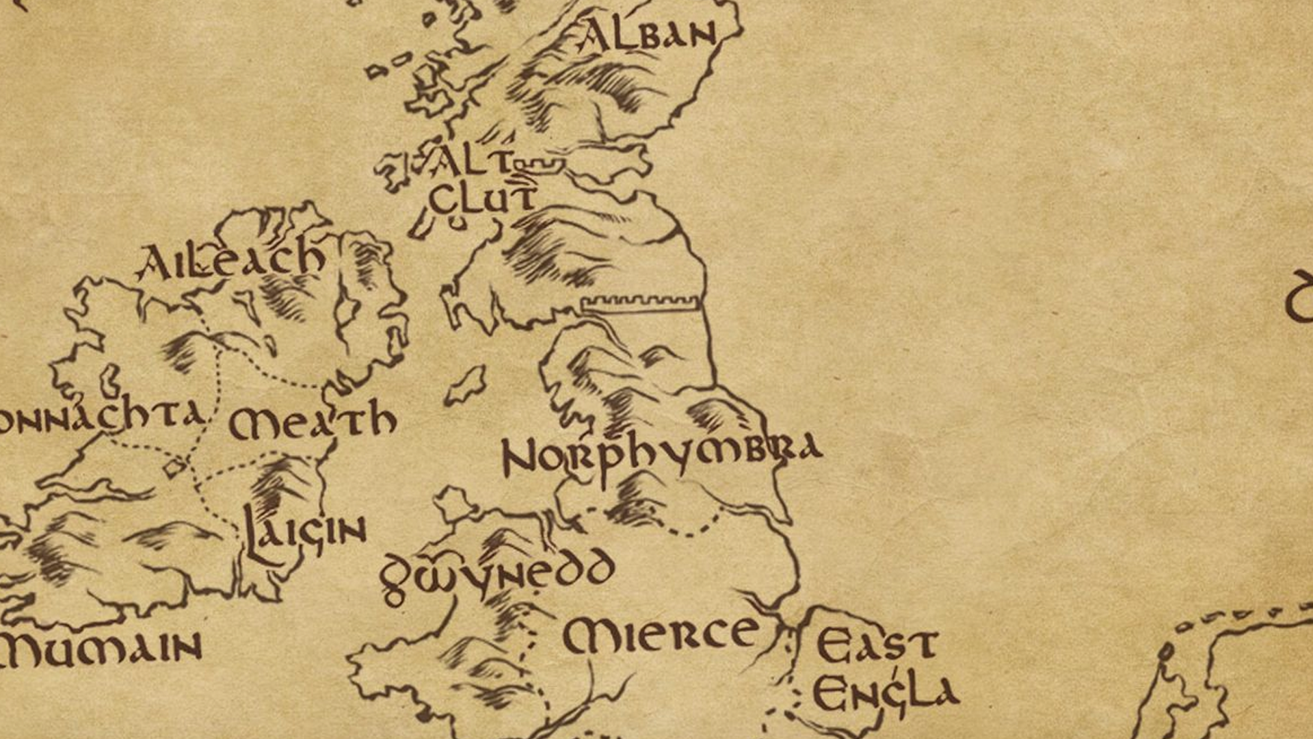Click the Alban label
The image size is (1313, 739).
coord(647,36)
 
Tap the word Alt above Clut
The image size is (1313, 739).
coord(472,163)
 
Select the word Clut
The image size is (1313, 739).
coord(483,198)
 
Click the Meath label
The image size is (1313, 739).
coord(312,422)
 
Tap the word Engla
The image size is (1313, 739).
coord(885,692)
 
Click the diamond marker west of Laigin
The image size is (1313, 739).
coord(174,467)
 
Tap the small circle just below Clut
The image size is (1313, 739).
coord(457,222)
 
